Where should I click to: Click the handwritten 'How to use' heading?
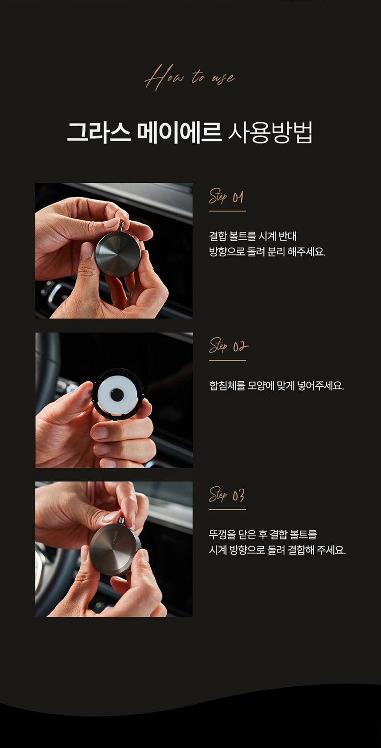tap(190, 78)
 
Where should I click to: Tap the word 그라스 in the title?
tap(98, 132)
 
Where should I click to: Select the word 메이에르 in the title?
tap(179, 132)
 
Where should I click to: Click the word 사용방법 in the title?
tap(270, 132)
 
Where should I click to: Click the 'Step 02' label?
tap(229, 346)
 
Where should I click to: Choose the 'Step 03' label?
tap(227, 495)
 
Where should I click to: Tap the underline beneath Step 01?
tap(227, 211)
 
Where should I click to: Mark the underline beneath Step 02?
tap(227, 360)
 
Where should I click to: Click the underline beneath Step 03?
tap(227, 509)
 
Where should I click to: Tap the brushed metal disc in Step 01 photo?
tap(118, 254)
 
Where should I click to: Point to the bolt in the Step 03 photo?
tap(121, 522)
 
